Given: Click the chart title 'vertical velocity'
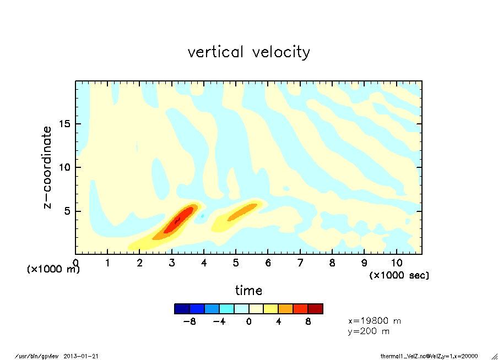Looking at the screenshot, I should click(x=248, y=52).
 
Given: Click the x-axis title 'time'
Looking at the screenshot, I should click(x=248, y=290).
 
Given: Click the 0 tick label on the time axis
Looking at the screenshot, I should click(x=75, y=263).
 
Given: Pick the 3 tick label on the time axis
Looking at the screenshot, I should click(x=172, y=263).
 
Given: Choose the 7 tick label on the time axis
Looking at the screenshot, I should click(x=300, y=263).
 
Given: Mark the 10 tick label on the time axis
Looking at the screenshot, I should click(x=396, y=263).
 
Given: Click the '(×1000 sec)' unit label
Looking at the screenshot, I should click(x=399, y=275).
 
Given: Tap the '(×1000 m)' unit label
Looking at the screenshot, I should click(x=53, y=270).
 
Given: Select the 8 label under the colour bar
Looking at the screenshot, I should click(x=308, y=321).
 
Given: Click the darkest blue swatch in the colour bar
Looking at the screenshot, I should click(x=182, y=309).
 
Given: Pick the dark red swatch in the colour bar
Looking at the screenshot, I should click(x=315, y=309).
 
